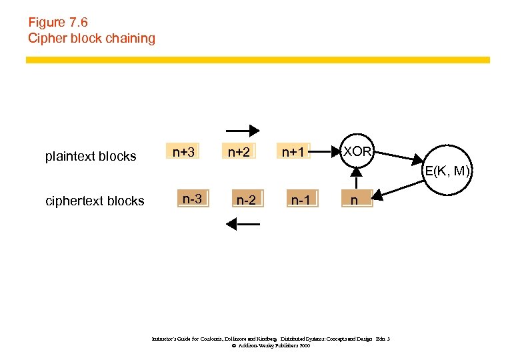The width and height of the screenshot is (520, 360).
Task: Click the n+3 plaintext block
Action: [x=183, y=153]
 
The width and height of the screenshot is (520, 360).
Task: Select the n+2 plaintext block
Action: [x=239, y=153]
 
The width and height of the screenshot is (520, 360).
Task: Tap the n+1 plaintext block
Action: [x=293, y=153]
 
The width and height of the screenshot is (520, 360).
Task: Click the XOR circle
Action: [x=357, y=151]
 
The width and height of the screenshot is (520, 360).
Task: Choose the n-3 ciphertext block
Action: [x=193, y=199]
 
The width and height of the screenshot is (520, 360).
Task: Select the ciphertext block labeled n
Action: [x=355, y=199]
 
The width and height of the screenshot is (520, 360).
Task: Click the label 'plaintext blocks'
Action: [x=91, y=157]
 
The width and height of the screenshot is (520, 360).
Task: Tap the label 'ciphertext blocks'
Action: [x=94, y=201]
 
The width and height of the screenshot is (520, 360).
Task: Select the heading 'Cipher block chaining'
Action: [x=91, y=38]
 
